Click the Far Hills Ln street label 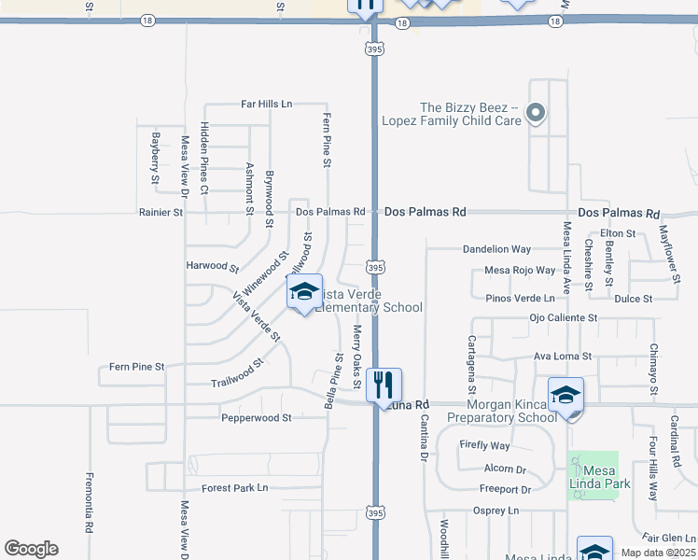coord(266,104)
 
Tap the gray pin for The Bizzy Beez coord(536,114)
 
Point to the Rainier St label coord(161,213)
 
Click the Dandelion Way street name coord(510,249)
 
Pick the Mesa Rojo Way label coord(520,271)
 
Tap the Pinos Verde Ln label coord(527,299)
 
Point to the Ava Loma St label coord(562,357)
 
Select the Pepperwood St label coord(257,418)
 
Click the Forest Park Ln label coord(234,488)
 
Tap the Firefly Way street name coord(484,446)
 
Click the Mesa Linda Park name coord(601,477)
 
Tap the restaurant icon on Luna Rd coord(384,385)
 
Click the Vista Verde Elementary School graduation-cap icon coord(304,292)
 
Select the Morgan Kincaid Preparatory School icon coord(565,395)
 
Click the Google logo coord(31,549)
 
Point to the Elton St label coord(618,232)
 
